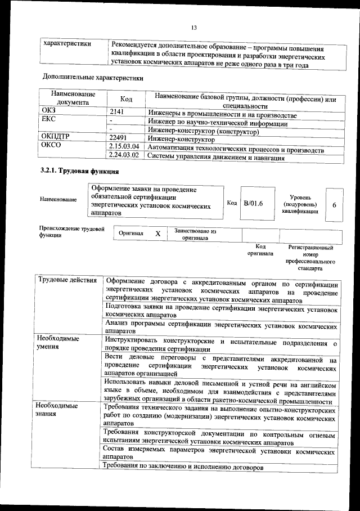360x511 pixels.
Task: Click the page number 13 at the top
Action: [193, 27]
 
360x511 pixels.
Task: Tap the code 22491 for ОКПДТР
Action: [119, 138]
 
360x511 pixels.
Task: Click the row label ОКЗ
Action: [49, 111]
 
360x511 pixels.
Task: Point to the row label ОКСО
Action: [51, 146]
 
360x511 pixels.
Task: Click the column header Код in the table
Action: [126, 99]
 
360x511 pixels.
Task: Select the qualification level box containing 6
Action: [334, 205]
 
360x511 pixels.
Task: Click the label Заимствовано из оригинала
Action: [195, 234]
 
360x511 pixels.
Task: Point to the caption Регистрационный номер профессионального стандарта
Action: [310, 258]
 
